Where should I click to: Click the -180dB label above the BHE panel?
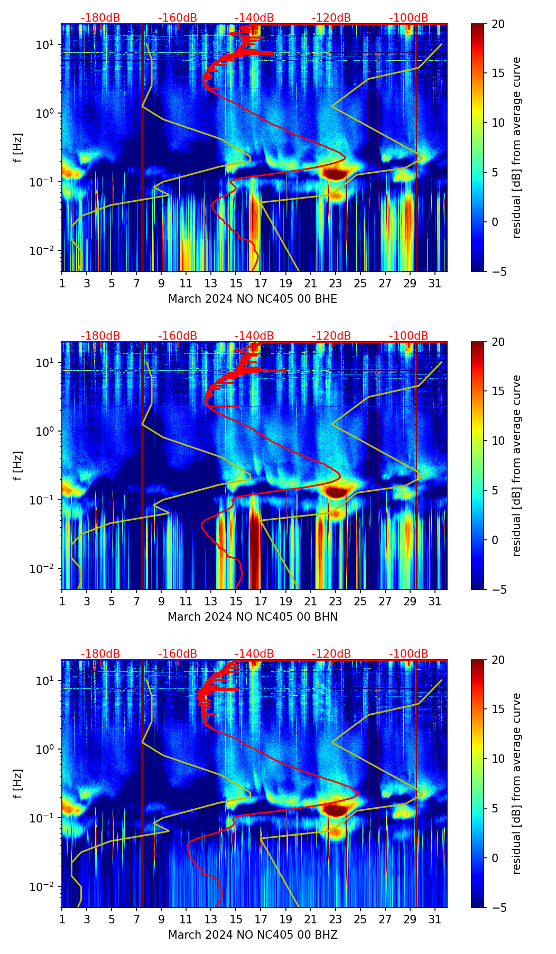click(x=100, y=18)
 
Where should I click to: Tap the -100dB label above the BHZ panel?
click(x=409, y=654)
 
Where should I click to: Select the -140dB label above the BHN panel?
click(x=254, y=336)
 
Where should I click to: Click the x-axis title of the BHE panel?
click(x=253, y=299)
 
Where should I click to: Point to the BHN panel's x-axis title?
click(x=253, y=617)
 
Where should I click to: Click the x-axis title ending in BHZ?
click(x=253, y=935)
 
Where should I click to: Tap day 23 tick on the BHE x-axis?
click(x=336, y=283)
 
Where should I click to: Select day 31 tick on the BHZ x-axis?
click(x=435, y=919)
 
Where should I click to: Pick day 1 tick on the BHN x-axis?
click(x=62, y=601)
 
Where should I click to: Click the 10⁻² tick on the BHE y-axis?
click(x=44, y=250)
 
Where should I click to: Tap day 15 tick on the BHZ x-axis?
click(x=236, y=919)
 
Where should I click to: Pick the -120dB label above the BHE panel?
click(x=331, y=18)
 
